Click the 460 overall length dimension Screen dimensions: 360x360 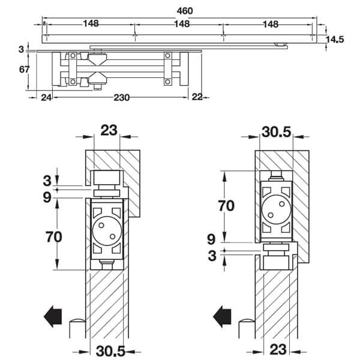(x=185, y=11)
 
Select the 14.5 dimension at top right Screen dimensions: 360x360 (x=335, y=40)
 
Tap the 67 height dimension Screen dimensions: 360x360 (x=25, y=69)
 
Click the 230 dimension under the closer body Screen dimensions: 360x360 (x=122, y=98)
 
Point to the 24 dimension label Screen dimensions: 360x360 (x=46, y=98)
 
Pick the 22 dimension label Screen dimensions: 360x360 (x=197, y=97)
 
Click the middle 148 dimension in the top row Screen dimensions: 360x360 (x=182, y=24)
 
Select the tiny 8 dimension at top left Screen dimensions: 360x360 (x=44, y=23)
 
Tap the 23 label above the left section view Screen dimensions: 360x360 (x=109, y=130)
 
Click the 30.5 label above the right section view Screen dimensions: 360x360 (x=276, y=132)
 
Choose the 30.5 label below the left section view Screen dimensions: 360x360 (x=110, y=351)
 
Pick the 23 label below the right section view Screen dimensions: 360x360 (x=278, y=349)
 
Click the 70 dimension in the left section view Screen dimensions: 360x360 (x=54, y=237)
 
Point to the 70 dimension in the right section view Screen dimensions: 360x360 (x=226, y=205)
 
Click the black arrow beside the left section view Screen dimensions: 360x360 (x=53, y=316)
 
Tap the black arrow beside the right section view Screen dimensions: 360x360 (x=222, y=316)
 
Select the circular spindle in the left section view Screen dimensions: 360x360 (x=107, y=231)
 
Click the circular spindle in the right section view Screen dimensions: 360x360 (x=276, y=209)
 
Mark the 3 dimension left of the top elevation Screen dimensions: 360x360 (x=22, y=49)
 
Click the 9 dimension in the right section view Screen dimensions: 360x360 (x=211, y=239)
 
